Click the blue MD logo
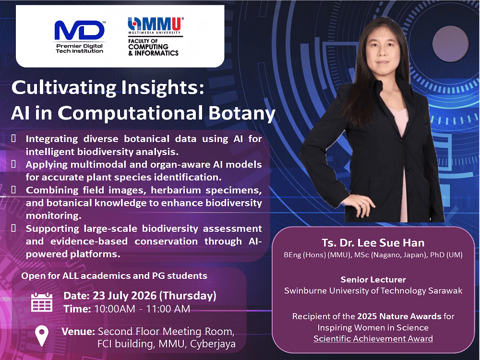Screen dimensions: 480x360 tap(80, 30)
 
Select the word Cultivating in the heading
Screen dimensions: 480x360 tap(64, 87)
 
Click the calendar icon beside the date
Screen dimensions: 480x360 tap(42, 302)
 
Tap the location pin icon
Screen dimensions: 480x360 tap(42, 336)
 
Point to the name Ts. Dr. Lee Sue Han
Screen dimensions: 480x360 tap(373, 243)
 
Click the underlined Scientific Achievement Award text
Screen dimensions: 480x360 tap(373, 338)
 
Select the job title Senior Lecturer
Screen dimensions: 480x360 tap(373, 279)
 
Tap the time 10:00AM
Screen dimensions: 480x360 tap(115, 309)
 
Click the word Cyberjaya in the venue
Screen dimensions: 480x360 tap(213, 344)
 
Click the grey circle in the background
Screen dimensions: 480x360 tap(450, 44)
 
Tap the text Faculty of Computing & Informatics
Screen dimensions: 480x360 tap(153, 47)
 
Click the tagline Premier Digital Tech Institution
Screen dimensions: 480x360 tap(80, 48)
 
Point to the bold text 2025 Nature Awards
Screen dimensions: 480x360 tap(399, 316)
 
